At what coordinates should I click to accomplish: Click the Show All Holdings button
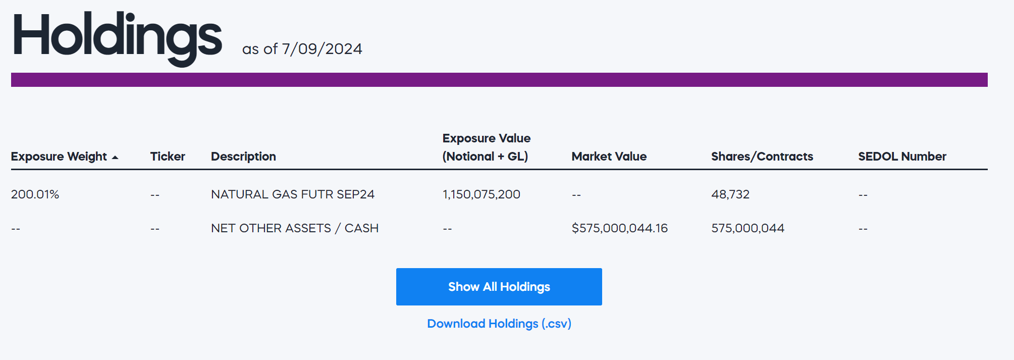(x=499, y=287)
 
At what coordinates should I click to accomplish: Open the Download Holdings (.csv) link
(x=499, y=324)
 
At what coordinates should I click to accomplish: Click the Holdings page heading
(x=117, y=36)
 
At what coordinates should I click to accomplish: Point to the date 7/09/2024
(x=322, y=49)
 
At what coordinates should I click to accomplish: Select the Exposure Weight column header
(x=59, y=157)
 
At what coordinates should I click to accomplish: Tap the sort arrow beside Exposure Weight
(x=115, y=158)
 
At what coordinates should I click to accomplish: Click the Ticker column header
(x=168, y=157)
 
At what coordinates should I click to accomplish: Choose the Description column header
(x=243, y=157)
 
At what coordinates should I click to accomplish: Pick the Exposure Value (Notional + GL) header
(x=486, y=147)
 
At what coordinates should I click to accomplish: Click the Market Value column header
(x=609, y=157)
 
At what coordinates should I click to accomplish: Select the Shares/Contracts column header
(x=762, y=157)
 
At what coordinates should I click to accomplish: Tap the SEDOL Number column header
(x=902, y=157)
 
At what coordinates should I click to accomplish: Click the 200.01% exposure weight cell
(x=35, y=194)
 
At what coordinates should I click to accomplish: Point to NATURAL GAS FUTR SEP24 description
(x=292, y=194)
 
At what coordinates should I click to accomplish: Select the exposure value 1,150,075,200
(x=481, y=194)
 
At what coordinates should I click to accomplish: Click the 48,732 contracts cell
(x=730, y=194)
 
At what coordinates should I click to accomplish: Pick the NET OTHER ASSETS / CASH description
(x=294, y=228)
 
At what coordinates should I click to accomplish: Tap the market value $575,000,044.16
(x=619, y=228)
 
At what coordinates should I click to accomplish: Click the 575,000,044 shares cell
(x=748, y=228)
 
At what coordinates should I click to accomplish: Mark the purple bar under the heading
(x=499, y=80)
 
